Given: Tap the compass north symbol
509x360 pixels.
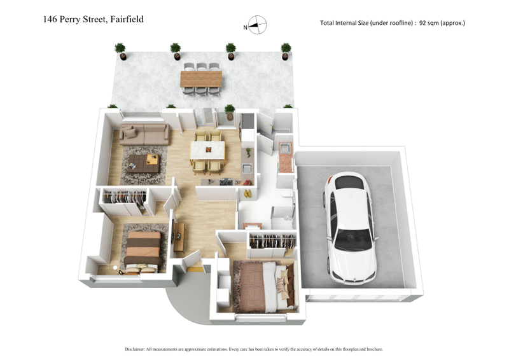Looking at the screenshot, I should pyautogui.click(x=257, y=26).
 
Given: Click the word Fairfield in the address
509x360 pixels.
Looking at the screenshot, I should pyautogui.click(x=126, y=19).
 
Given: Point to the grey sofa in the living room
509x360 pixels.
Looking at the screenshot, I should pyautogui.click(x=145, y=135).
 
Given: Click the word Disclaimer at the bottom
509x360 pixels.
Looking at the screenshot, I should pyautogui.click(x=138, y=349).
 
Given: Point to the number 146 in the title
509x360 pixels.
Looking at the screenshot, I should pyautogui.click(x=50, y=19).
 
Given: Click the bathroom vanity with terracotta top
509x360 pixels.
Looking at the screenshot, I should pyautogui.click(x=286, y=156).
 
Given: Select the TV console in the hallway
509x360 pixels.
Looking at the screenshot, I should pyautogui.click(x=179, y=236).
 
